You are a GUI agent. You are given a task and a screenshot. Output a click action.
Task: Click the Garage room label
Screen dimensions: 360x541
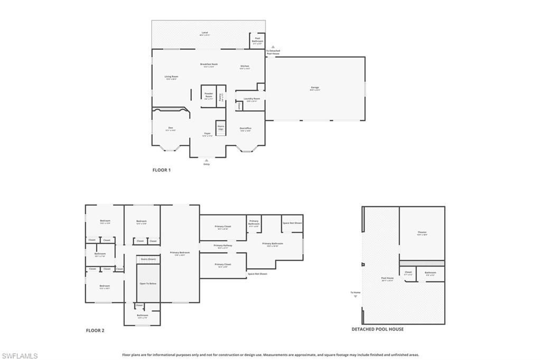pyautogui.click(x=315, y=88)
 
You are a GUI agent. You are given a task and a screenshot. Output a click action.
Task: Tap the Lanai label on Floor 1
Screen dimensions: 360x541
pyautogui.click(x=205, y=33)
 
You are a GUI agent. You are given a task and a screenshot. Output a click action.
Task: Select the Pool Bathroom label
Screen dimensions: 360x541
pyautogui.click(x=258, y=40)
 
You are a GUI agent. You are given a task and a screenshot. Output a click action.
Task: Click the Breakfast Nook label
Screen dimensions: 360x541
pyautogui.click(x=209, y=64)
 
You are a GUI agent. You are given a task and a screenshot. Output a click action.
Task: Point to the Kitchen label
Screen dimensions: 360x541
pyautogui.click(x=245, y=67)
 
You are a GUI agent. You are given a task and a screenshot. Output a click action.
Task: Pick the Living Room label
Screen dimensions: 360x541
pyautogui.click(x=171, y=77)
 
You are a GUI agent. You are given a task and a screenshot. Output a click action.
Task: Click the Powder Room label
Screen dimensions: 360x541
pyautogui.click(x=209, y=96)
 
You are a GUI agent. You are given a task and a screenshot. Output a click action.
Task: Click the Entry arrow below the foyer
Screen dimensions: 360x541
pyautogui.click(x=207, y=159)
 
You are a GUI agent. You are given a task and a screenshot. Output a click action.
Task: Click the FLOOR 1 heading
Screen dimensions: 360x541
pyautogui.click(x=162, y=170)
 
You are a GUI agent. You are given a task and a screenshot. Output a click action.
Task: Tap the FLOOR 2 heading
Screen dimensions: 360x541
pyautogui.click(x=95, y=330)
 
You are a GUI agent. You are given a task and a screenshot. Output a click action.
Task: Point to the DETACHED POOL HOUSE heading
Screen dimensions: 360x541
pyautogui.click(x=377, y=329)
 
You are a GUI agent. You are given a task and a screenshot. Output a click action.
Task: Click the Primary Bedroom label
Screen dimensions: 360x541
pyautogui.click(x=180, y=253)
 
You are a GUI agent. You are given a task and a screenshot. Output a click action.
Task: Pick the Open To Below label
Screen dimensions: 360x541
pyautogui.click(x=148, y=283)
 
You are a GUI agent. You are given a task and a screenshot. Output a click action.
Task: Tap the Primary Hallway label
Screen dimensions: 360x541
pyautogui.click(x=222, y=245)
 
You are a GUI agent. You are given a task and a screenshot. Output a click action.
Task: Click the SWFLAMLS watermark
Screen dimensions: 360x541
pyautogui.click(x=20, y=356)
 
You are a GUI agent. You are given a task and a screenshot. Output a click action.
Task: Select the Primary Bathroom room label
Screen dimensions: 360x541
pyautogui.click(x=273, y=243)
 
